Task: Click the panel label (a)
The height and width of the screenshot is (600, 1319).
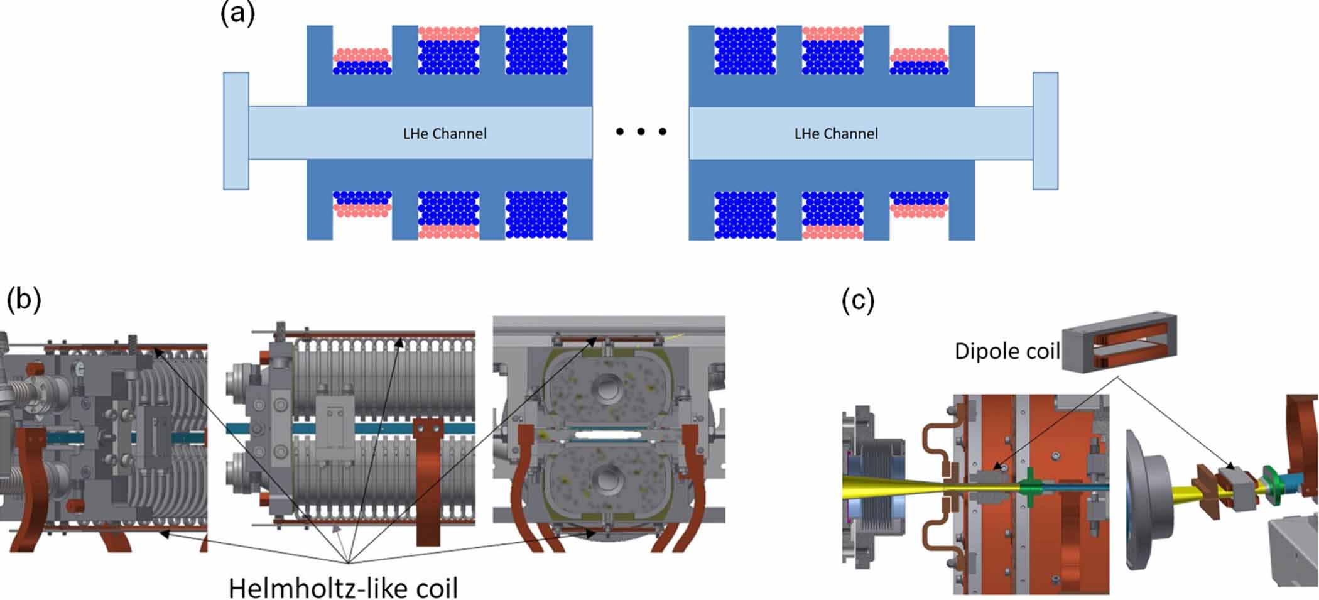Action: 237,14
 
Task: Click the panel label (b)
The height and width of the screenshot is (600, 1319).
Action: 23,300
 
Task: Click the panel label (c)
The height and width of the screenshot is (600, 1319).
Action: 857,301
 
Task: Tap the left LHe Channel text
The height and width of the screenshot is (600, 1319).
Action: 445,134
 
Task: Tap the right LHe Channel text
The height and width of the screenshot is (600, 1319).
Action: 836,134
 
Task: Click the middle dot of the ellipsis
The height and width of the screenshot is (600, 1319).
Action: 641,132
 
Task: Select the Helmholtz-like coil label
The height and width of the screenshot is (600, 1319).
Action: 343,588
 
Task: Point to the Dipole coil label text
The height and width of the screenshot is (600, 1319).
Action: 1007,351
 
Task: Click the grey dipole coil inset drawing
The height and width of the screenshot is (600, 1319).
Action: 1119,343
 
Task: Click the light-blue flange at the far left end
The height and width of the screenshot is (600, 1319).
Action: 236,131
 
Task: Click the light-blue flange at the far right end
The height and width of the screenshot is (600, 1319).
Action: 1045,131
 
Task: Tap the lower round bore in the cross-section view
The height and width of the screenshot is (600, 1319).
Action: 607,480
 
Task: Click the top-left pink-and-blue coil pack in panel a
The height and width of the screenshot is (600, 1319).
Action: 362,61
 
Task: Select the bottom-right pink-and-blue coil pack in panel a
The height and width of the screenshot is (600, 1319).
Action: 919,205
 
